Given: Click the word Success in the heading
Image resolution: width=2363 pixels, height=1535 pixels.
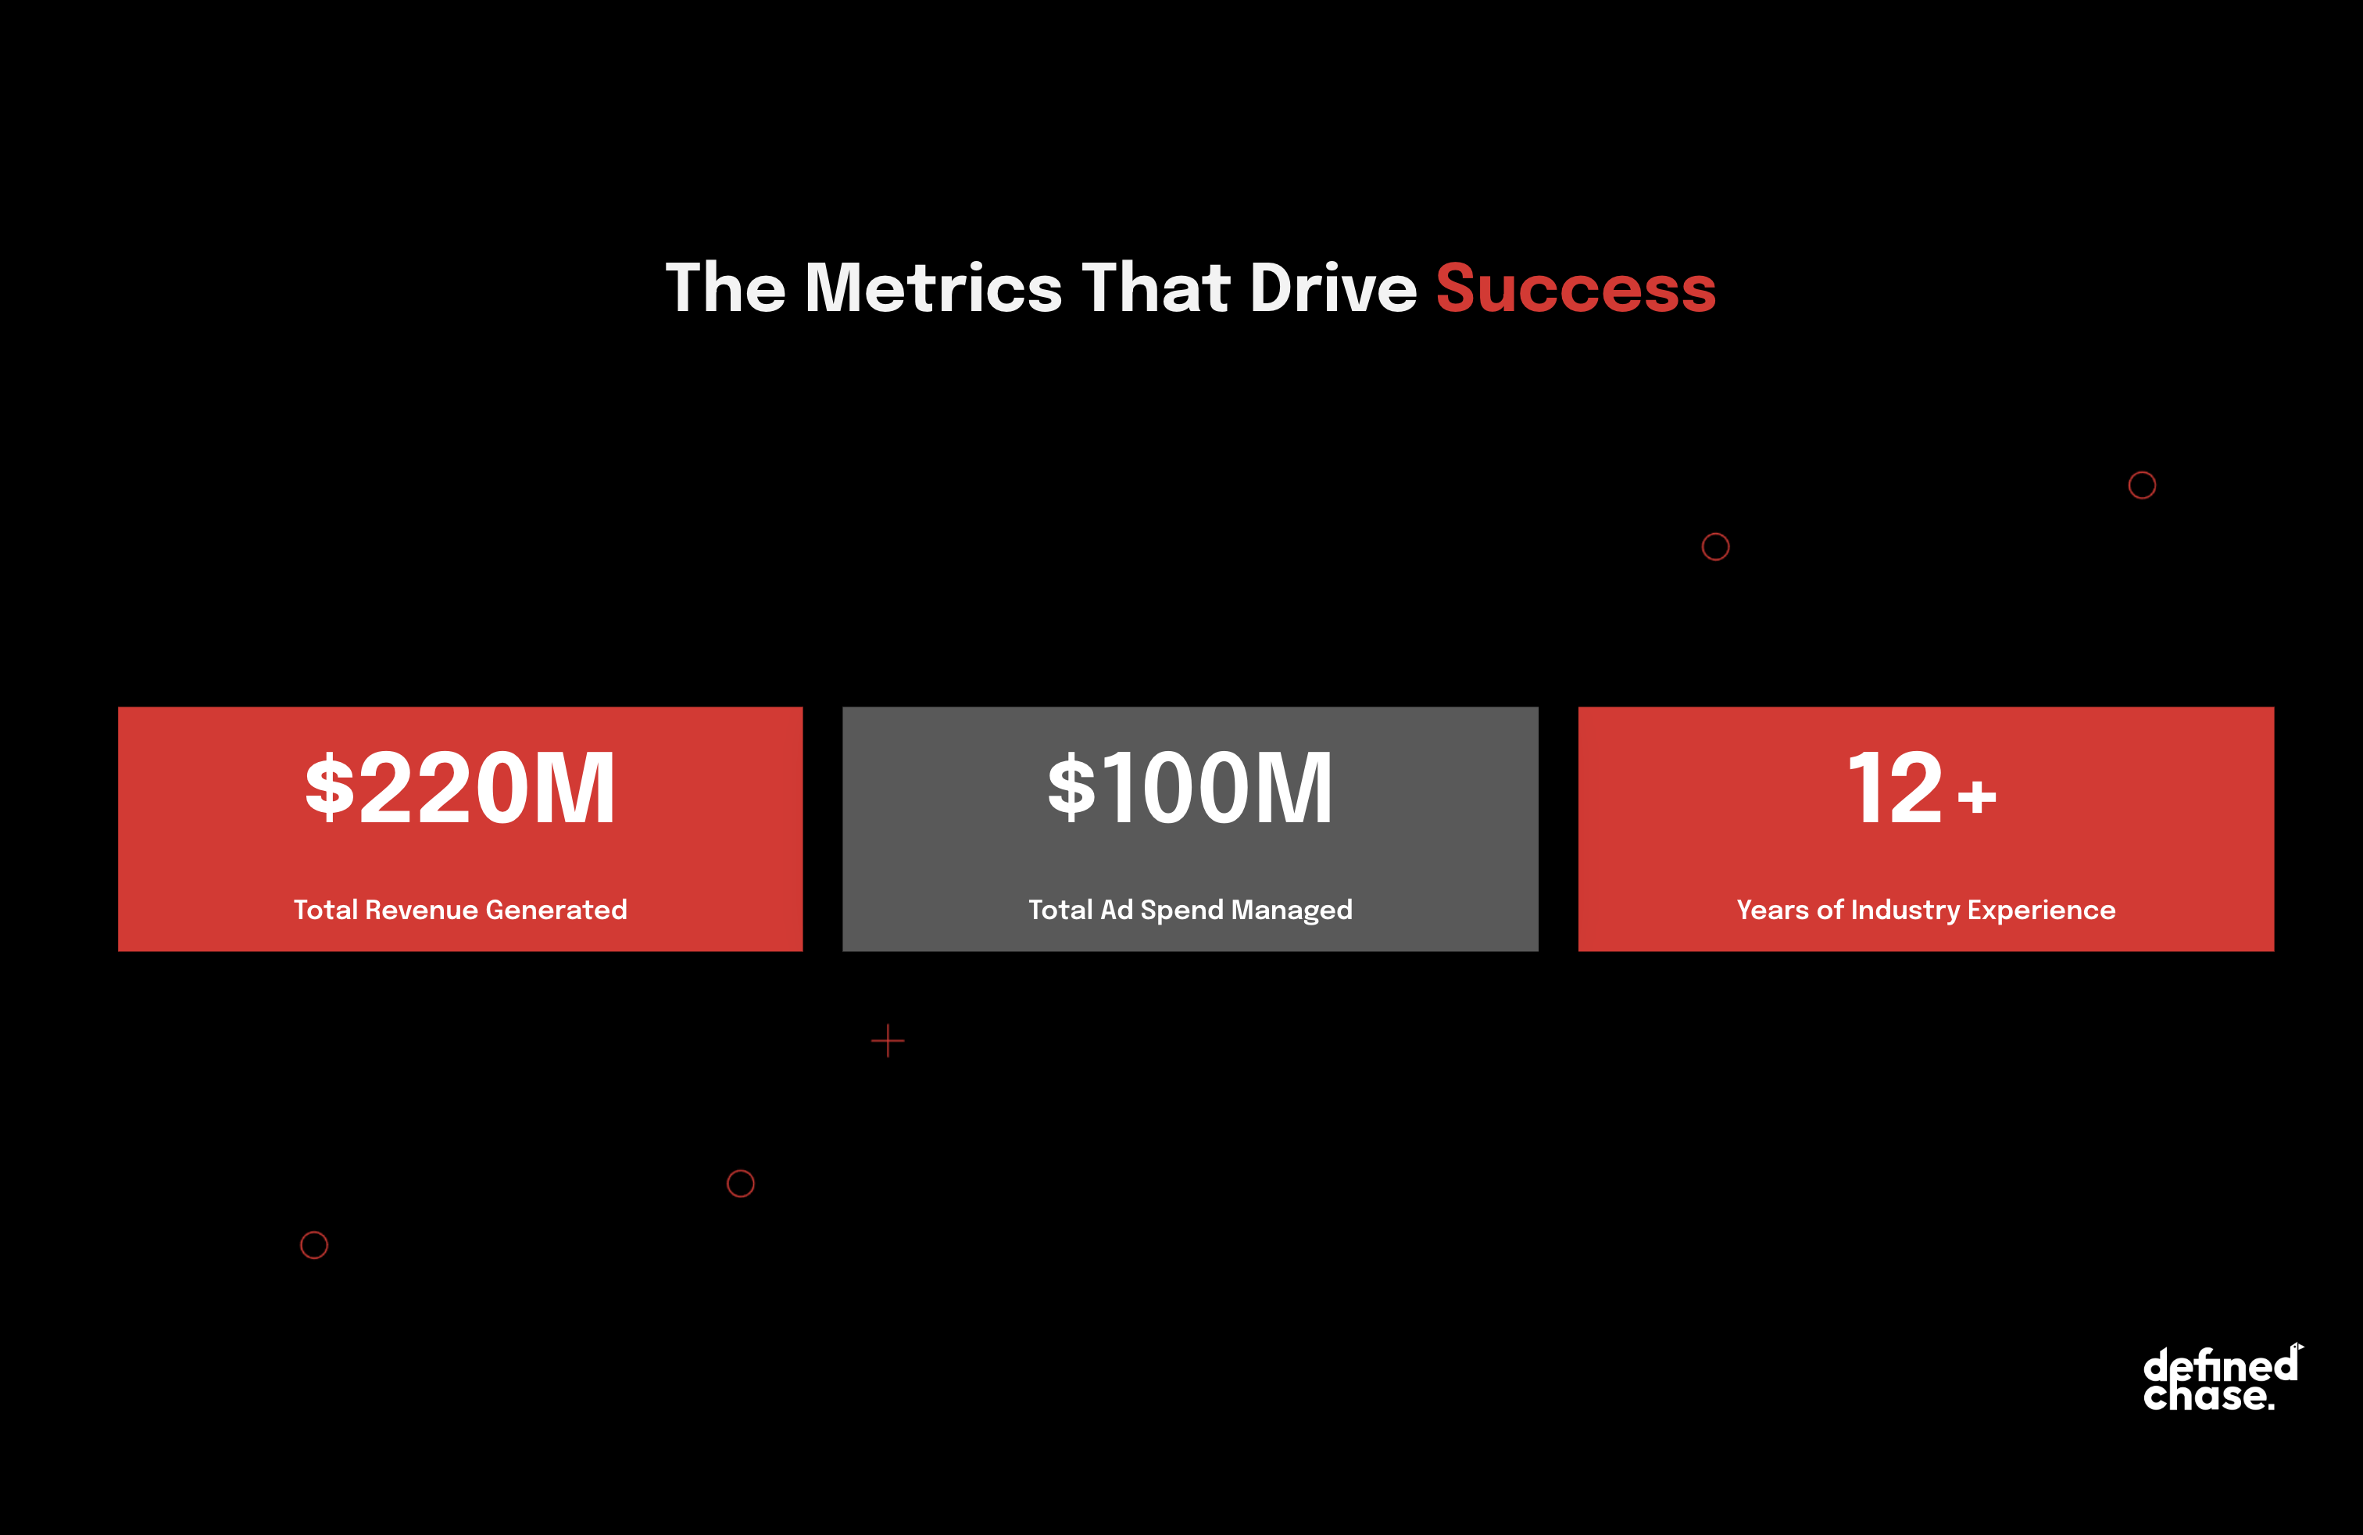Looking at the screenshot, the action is tap(1575, 288).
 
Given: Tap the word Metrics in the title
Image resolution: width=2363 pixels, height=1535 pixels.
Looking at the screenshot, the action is tap(933, 288).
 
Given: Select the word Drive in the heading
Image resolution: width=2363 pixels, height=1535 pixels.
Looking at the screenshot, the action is tap(1333, 288).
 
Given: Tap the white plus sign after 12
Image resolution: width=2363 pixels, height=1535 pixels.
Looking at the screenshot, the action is tap(1977, 796).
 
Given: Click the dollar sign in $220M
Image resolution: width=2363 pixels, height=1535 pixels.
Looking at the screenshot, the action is tap(330, 787).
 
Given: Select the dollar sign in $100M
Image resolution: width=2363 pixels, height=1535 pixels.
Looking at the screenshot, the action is tap(1072, 787).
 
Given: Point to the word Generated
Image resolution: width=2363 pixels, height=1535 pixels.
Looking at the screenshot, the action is tap(556, 910).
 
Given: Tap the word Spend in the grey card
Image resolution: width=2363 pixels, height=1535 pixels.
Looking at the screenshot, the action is tap(1181, 911).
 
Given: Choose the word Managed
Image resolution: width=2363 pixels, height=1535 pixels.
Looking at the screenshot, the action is tap(1292, 911).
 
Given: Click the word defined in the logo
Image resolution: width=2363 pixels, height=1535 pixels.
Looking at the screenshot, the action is tap(2221, 1365).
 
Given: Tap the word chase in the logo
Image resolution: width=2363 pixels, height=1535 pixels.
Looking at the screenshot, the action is tap(2205, 1395).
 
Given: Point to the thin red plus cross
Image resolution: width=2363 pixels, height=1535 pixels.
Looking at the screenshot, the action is tap(888, 1040).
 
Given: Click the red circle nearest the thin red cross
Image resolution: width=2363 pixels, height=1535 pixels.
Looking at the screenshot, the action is tap(741, 1170).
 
